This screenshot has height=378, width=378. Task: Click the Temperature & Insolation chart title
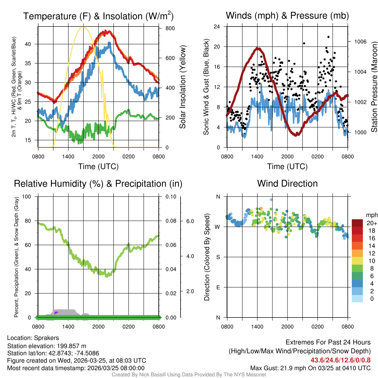click(98, 16)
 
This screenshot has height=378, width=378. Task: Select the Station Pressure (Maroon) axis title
click(374, 87)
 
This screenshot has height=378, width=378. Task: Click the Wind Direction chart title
click(287, 183)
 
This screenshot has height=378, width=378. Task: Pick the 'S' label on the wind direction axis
click(218, 257)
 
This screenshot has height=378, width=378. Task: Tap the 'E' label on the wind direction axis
click(218, 287)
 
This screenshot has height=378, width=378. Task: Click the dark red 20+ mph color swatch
click(358, 223)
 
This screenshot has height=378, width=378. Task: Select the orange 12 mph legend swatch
click(358, 253)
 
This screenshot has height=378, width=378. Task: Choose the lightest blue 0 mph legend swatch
click(358, 298)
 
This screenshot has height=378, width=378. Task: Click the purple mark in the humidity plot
click(56, 313)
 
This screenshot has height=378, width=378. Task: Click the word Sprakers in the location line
click(46, 338)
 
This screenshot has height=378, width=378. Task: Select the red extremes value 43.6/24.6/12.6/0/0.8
click(340, 360)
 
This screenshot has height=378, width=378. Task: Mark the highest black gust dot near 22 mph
click(328, 37)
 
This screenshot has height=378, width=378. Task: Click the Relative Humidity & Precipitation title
click(98, 183)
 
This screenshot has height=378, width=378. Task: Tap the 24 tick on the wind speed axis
click(217, 27)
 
